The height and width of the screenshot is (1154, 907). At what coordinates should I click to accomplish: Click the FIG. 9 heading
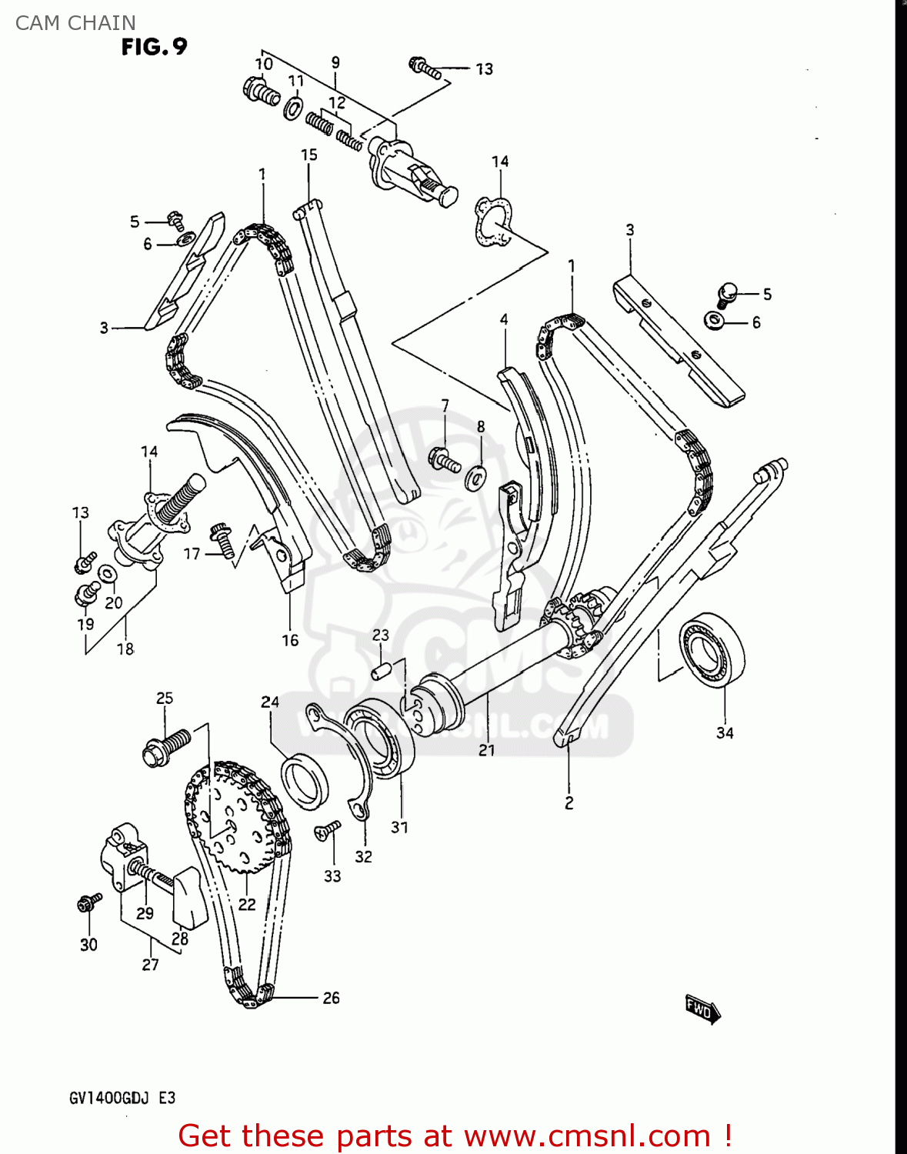point(154,47)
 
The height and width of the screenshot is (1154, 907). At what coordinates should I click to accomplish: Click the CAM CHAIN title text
point(75,23)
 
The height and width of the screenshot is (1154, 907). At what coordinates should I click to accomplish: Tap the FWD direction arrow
point(702,1009)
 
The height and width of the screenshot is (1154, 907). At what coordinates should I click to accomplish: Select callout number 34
point(725,733)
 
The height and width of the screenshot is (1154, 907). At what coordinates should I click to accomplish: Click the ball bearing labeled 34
point(712,649)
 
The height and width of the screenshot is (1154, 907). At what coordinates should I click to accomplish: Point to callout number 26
point(331,998)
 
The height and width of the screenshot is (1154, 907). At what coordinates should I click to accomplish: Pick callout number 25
point(165,699)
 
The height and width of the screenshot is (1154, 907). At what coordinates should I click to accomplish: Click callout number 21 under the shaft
point(486,750)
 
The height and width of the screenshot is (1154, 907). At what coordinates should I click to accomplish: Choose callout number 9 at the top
point(335,62)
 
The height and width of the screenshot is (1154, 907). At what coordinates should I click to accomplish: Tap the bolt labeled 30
point(88,902)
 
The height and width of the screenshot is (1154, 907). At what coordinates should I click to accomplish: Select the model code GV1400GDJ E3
point(122,1098)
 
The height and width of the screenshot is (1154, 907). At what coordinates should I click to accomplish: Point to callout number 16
point(290,640)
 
